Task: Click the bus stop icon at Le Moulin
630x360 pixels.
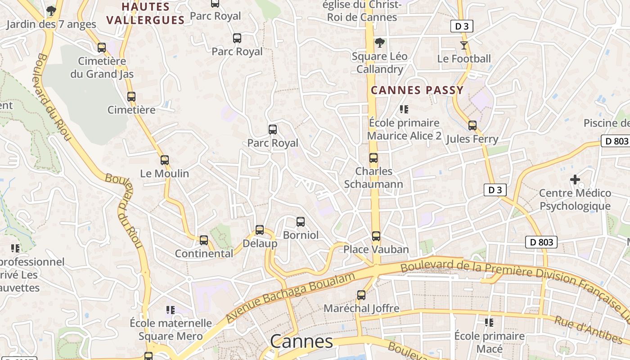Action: (165, 160)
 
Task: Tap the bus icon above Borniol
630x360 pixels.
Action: (301, 221)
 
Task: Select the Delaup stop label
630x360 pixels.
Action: (260, 243)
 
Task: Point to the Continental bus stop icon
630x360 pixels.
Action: (204, 240)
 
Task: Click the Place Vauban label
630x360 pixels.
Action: (376, 249)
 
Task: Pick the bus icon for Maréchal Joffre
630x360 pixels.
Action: (361, 295)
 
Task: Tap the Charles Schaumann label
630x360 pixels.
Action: (373, 178)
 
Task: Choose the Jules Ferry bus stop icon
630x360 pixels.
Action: (472, 126)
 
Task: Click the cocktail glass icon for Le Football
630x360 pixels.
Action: (464, 45)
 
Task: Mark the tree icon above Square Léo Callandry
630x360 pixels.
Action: (380, 43)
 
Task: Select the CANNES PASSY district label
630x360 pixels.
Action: (417, 90)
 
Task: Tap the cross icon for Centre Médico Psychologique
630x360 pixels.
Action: (575, 180)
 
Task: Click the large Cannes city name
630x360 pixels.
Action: (301, 342)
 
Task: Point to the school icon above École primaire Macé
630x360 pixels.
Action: (489, 322)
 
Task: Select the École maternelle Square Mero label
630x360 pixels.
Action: (171, 329)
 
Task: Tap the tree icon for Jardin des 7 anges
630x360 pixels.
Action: (51, 10)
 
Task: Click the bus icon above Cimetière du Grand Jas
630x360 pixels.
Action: (102, 47)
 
